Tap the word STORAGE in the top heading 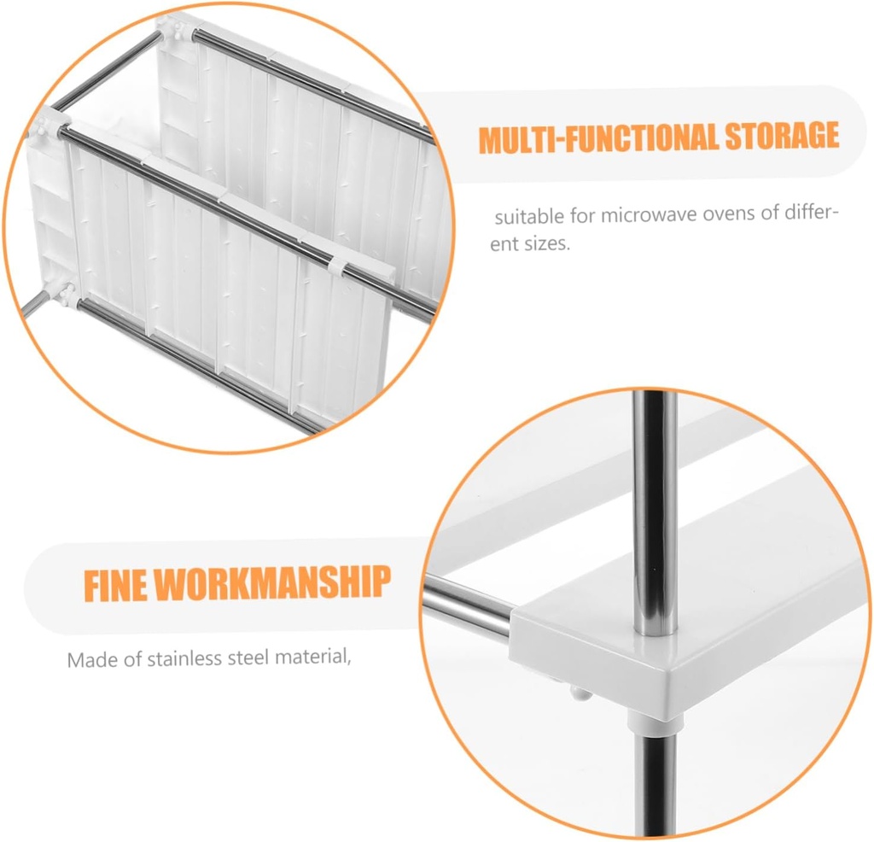(x=781, y=137)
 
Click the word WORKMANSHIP (x=275, y=583)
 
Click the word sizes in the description (x=546, y=244)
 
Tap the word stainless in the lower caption (x=189, y=658)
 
